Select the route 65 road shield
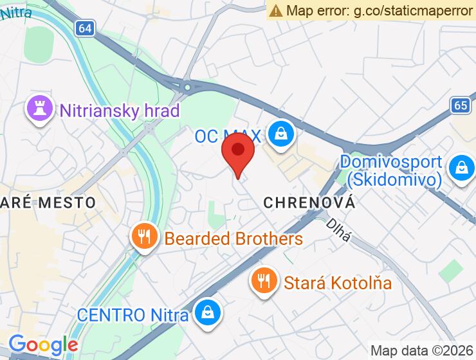(x=461, y=105)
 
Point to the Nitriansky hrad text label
(x=119, y=111)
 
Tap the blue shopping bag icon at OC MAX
(x=282, y=134)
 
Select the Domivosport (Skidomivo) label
(x=391, y=170)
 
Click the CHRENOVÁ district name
(x=309, y=203)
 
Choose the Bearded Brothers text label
(x=233, y=239)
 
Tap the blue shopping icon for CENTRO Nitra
(x=208, y=313)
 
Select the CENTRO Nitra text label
(x=133, y=315)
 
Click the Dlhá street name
(x=338, y=230)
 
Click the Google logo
(x=43, y=345)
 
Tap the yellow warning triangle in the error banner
(x=276, y=10)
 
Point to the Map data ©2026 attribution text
(x=422, y=350)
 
